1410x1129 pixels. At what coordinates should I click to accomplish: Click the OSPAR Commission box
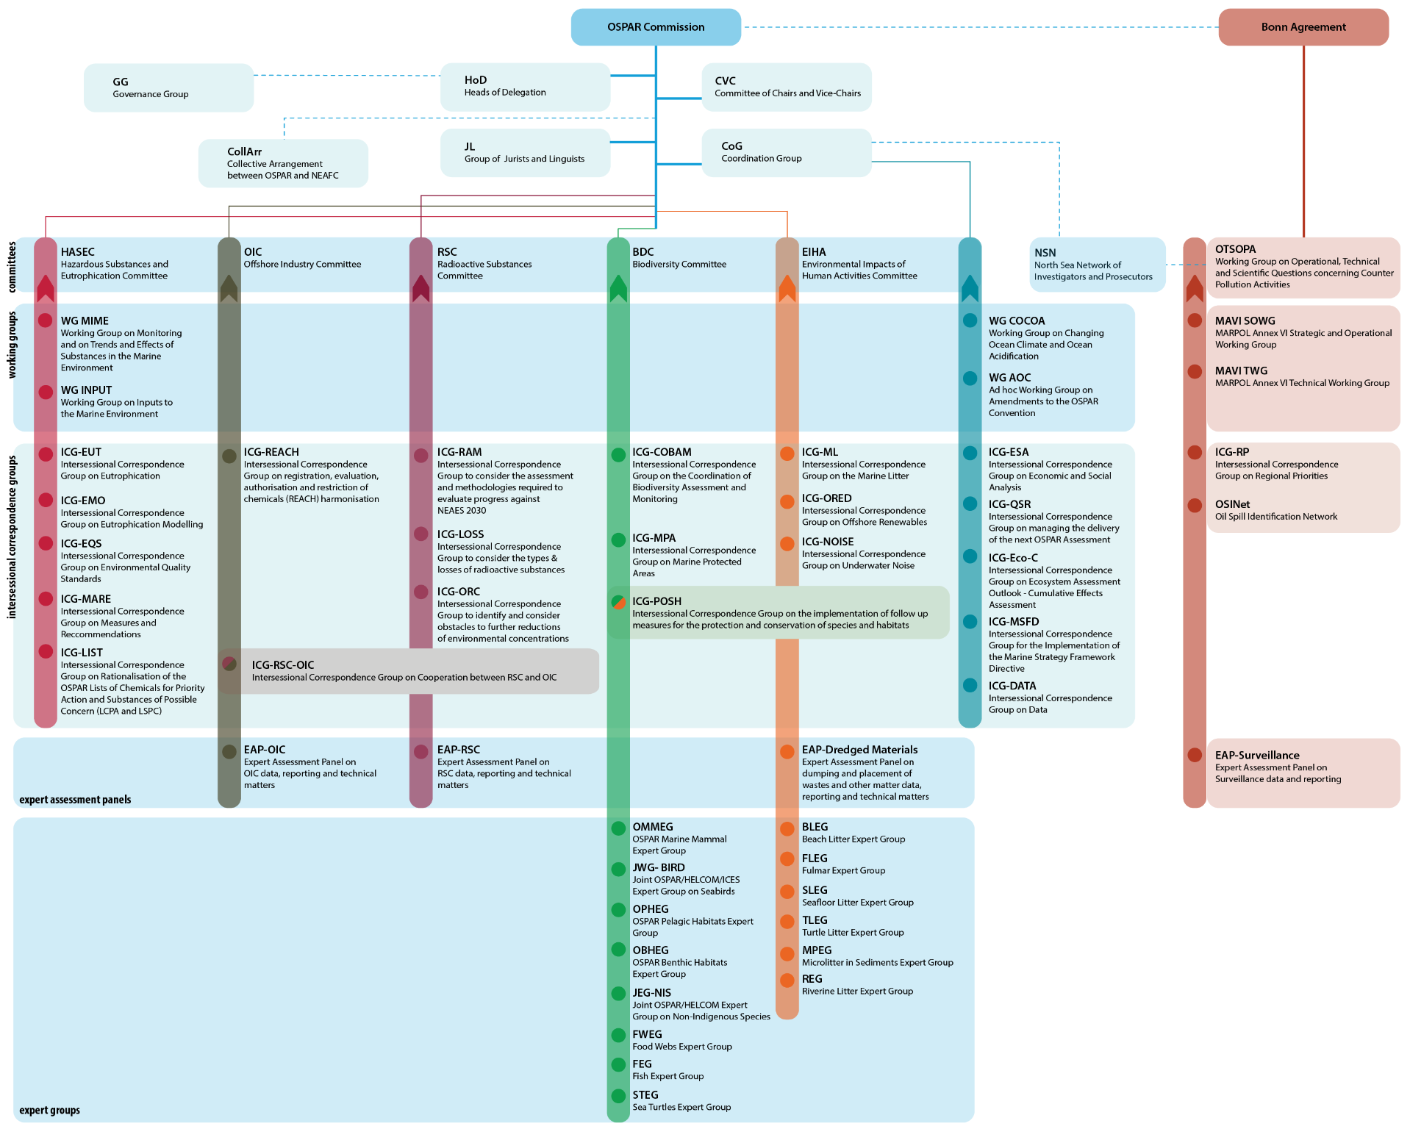click(656, 27)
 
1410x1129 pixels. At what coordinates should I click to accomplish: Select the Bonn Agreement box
click(1303, 27)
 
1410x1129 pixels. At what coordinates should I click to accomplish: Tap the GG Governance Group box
click(168, 87)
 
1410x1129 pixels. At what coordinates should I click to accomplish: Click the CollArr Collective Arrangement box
click(283, 163)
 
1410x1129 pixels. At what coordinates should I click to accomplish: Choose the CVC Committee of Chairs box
click(786, 87)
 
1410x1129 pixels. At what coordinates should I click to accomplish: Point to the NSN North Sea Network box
click(1097, 265)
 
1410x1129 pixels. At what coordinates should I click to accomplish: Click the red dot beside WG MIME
click(46, 320)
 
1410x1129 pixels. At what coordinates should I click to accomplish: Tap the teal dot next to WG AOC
click(970, 378)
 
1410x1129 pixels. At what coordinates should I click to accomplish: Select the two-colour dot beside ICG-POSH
click(619, 602)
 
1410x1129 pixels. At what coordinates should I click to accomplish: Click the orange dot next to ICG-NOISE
click(787, 543)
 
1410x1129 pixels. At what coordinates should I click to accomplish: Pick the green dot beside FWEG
click(619, 1035)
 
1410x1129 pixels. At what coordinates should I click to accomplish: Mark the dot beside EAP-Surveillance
click(1195, 755)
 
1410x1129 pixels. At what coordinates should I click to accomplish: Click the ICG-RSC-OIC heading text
click(283, 664)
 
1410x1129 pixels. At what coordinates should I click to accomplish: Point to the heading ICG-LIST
click(82, 653)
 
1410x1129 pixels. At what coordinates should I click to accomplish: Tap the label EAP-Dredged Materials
click(859, 750)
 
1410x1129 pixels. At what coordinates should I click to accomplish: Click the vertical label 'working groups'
click(12, 345)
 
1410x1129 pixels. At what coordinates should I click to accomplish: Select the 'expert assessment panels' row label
click(75, 800)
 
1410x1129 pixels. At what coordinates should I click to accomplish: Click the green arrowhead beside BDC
click(619, 288)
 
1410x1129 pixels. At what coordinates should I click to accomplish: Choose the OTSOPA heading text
click(1235, 249)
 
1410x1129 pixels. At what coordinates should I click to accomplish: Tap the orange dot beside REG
click(787, 980)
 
